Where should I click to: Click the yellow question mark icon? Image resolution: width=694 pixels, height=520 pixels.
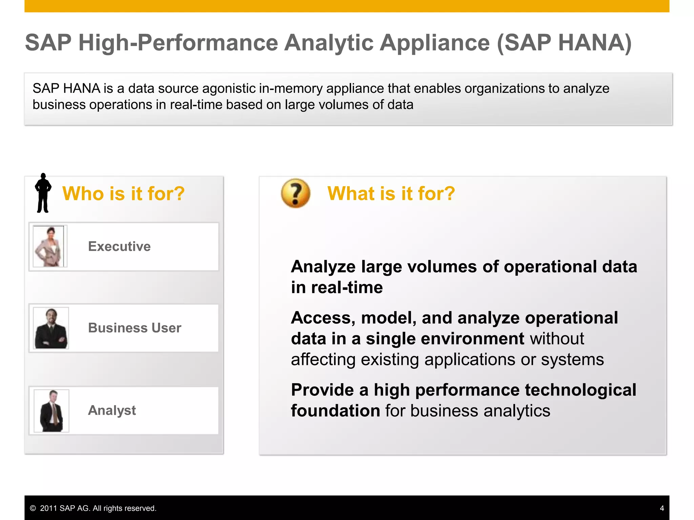click(295, 193)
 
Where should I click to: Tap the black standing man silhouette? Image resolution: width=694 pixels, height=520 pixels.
click(43, 193)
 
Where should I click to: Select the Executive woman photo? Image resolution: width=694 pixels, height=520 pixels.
click(49, 246)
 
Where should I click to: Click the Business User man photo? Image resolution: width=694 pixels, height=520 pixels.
click(51, 328)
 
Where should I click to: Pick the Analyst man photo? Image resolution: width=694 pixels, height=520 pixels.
click(52, 410)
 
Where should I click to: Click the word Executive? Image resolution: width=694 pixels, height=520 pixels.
click(119, 246)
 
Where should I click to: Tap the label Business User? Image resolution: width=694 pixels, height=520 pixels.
click(135, 328)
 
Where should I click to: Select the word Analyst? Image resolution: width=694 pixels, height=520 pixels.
click(112, 410)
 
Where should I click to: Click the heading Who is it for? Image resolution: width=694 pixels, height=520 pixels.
click(123, 194)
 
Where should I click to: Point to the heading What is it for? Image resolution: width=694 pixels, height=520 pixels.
click(391, 194)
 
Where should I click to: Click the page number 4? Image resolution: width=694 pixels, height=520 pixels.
click(662, 508)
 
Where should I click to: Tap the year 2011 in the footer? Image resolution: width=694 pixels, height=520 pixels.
click(48, 508)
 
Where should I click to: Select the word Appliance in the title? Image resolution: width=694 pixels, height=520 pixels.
click(434, 43)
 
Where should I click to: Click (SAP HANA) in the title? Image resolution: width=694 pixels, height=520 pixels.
click(564, 43)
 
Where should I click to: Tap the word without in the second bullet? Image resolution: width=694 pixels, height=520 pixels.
click(557, 339)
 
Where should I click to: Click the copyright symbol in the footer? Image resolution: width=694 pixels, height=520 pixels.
click(33, 508)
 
